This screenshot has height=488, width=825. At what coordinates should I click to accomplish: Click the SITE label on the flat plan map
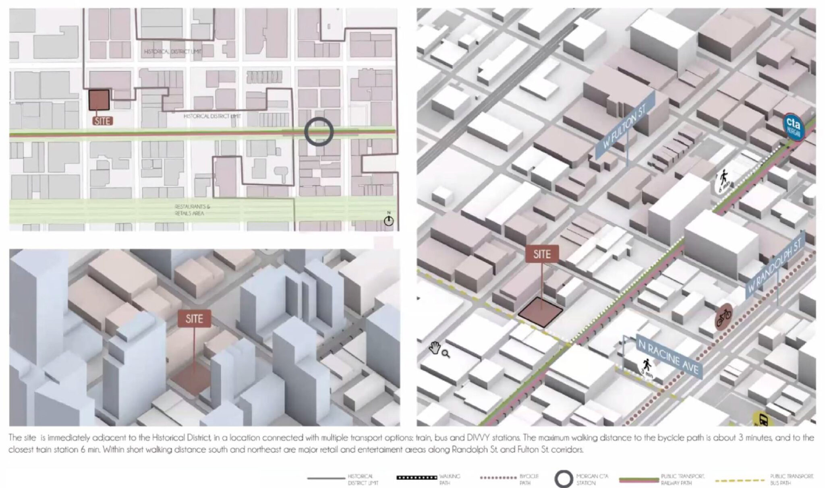102,121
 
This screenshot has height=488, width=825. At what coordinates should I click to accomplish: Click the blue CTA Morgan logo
794,127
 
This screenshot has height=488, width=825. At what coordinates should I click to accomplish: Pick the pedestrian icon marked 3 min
647,368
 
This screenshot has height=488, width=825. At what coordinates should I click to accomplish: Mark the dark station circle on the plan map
319,131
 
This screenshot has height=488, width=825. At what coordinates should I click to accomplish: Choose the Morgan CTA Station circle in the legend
563,479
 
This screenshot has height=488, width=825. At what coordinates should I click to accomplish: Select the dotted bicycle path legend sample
498,478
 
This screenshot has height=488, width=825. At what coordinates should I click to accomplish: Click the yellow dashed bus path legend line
740,480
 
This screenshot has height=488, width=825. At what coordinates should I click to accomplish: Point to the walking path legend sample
417,478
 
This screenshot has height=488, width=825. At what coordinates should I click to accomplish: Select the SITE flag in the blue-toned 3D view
194,319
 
